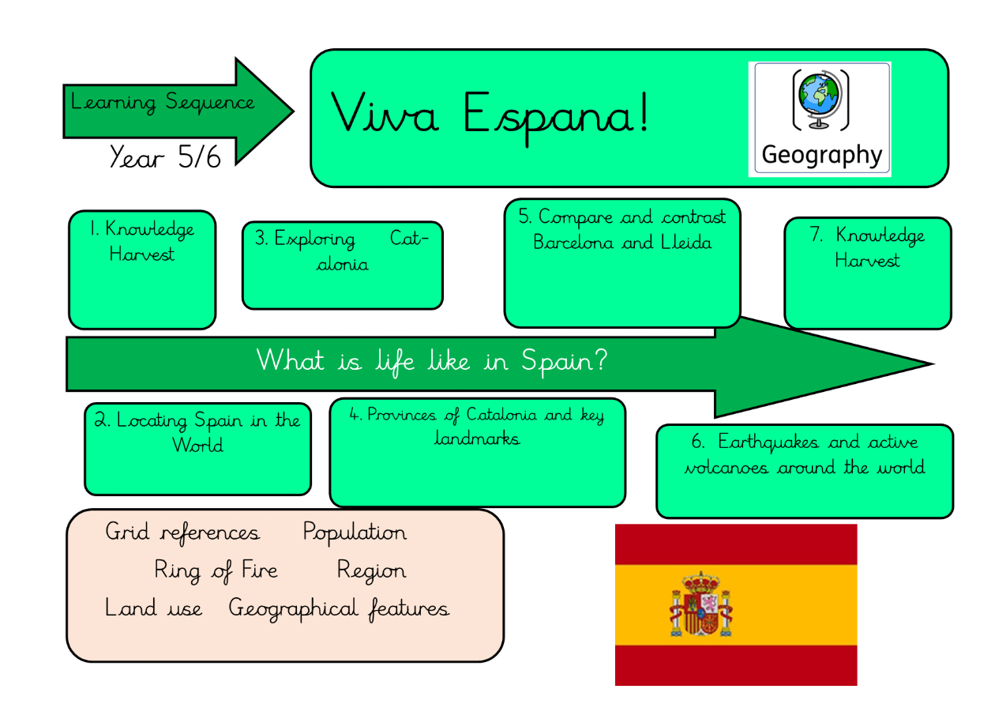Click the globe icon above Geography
821,100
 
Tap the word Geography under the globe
821,155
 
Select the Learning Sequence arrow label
163,103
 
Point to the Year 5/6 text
165,157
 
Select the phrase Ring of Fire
216,570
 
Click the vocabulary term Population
355,533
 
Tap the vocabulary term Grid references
182,533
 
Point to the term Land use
153,608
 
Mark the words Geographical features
339,609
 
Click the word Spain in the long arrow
564,361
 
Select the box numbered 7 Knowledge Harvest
867,273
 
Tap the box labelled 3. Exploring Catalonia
342,265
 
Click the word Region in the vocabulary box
371,570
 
